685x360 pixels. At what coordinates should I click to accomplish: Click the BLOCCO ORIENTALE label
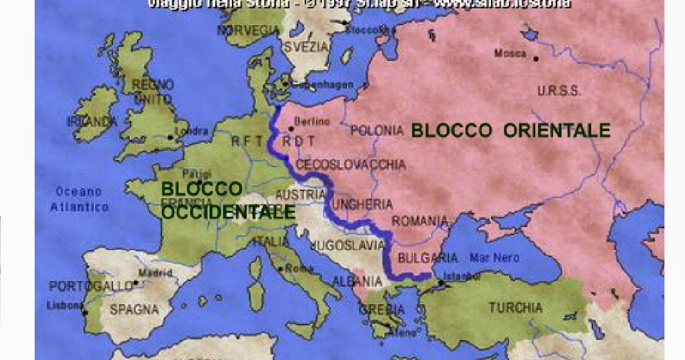pos(510,130)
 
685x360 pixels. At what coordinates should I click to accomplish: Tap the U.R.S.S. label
pos(559,91)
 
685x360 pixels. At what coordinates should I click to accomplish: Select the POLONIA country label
pos(377,130)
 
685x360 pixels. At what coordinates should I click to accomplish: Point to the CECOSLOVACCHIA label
pos(350,165)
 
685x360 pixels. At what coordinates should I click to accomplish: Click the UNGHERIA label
pos(361,205)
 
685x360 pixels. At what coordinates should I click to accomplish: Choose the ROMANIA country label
pos(419,222)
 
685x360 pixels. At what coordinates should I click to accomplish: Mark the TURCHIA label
pos(515,307)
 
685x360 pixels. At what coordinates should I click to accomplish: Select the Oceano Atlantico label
pos(79,199)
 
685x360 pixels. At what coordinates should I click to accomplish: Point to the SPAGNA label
pos(134,309)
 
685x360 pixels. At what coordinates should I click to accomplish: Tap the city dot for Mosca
pos(536,58)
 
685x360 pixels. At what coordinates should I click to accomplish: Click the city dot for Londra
pos(170,137)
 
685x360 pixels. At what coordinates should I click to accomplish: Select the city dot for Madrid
pos(136,282)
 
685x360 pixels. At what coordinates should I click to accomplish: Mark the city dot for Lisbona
pos(85,312)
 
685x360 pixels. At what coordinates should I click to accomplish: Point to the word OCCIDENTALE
pos(228,212)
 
